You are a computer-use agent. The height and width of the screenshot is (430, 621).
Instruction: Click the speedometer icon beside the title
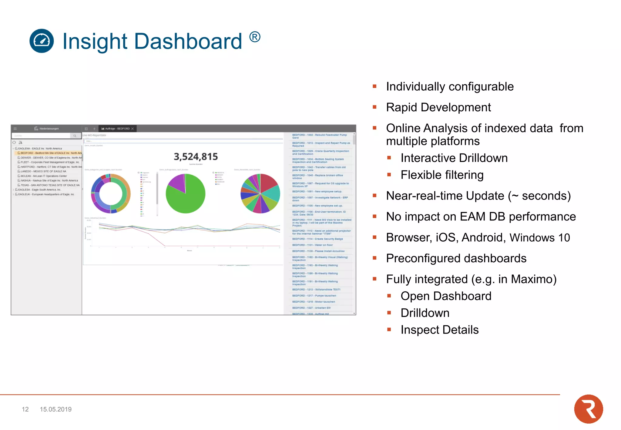pos(42,41)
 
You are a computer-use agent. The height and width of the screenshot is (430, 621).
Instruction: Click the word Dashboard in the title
pos(188,41)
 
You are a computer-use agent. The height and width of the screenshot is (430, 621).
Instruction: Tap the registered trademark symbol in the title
pos(255,37)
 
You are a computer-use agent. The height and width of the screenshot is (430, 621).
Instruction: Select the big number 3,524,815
pos(196,156)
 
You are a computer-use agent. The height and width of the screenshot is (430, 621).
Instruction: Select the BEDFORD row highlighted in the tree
pos(49,153)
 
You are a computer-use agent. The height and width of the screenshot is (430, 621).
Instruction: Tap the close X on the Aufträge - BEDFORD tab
pos(133,129)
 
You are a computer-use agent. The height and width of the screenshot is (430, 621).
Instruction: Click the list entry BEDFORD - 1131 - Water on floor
pos(312,245)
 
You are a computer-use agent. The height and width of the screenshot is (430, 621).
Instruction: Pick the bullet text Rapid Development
pos(438,107)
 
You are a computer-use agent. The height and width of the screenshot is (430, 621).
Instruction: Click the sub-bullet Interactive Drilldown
pos(454,158)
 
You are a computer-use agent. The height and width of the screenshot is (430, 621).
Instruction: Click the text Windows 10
pos(539,237)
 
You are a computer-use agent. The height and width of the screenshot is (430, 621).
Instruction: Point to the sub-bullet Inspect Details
pos(439,330)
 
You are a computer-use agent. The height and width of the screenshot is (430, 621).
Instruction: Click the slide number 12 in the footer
pos(25,409)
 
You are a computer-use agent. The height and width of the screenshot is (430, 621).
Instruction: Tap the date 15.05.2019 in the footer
pos(56,409)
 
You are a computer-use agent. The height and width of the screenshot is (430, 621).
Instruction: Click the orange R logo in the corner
pos(588,409)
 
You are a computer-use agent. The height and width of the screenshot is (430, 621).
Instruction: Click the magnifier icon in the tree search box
pos(75,136)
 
